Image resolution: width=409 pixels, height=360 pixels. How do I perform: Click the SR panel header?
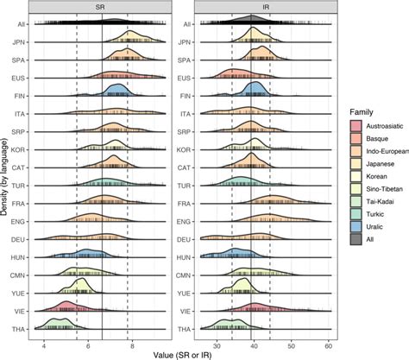(x=102, y=6)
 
